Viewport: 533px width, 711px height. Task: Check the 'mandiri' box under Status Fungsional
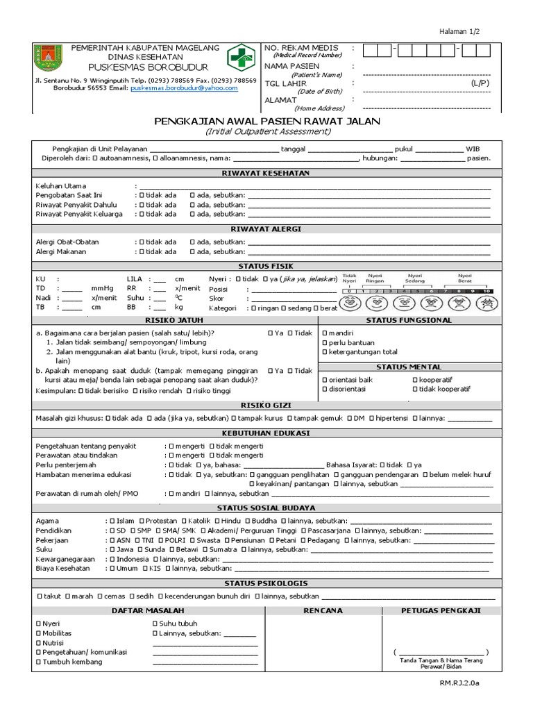325,333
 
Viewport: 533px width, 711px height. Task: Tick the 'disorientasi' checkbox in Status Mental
325,389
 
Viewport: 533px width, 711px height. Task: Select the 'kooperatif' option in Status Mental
414,380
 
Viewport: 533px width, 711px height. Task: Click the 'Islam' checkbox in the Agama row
110,520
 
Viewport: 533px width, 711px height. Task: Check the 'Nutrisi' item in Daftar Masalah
38,643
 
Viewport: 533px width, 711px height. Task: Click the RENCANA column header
323,610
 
